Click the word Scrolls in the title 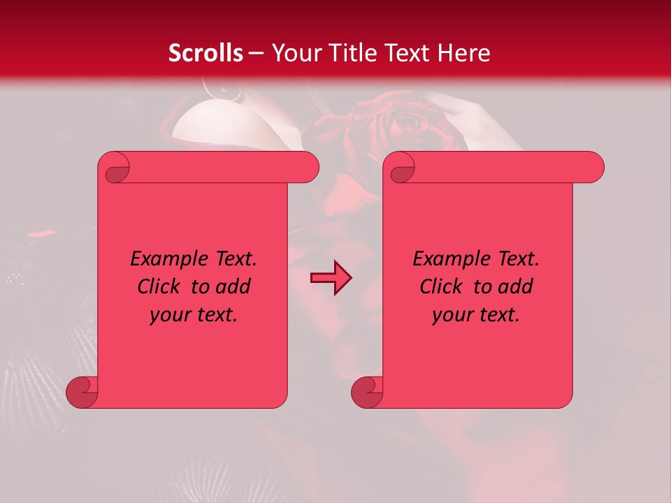(205, 53)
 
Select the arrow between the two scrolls (331, 278)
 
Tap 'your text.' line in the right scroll (476, 314)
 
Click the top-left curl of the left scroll (114, 168)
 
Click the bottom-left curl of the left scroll (82, 393)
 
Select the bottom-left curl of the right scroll (367, 393)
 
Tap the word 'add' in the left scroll (233, 286)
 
